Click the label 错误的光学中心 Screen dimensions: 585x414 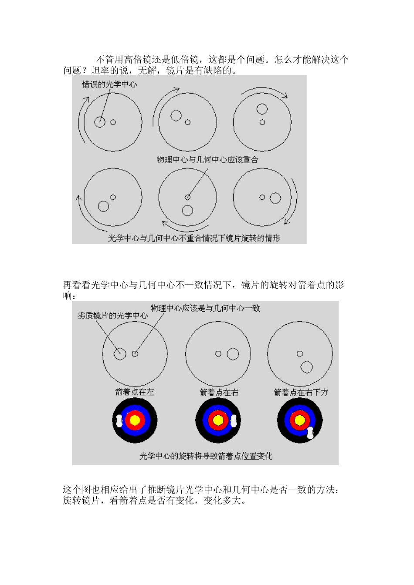[109, 84]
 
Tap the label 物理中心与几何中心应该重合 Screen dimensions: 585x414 [207, 160]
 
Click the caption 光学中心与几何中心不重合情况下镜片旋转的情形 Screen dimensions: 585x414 [194, 238]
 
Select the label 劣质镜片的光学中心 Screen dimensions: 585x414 [112, 316]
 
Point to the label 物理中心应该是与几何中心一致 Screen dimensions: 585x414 [205, 308]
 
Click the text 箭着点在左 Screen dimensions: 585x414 [135, 392]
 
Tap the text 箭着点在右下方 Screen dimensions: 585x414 [301, 393]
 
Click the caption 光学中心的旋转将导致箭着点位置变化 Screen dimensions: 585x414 [206, 456]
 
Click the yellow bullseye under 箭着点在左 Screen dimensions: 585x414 [135, 420]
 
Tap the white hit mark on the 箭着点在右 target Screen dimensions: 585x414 [234, 420]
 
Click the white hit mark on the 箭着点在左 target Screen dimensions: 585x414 [119, 420]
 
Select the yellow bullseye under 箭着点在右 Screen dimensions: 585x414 [218, 420]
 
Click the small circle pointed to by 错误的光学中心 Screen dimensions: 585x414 [100, 122]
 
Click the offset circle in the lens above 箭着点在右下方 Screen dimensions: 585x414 [306, 367]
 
